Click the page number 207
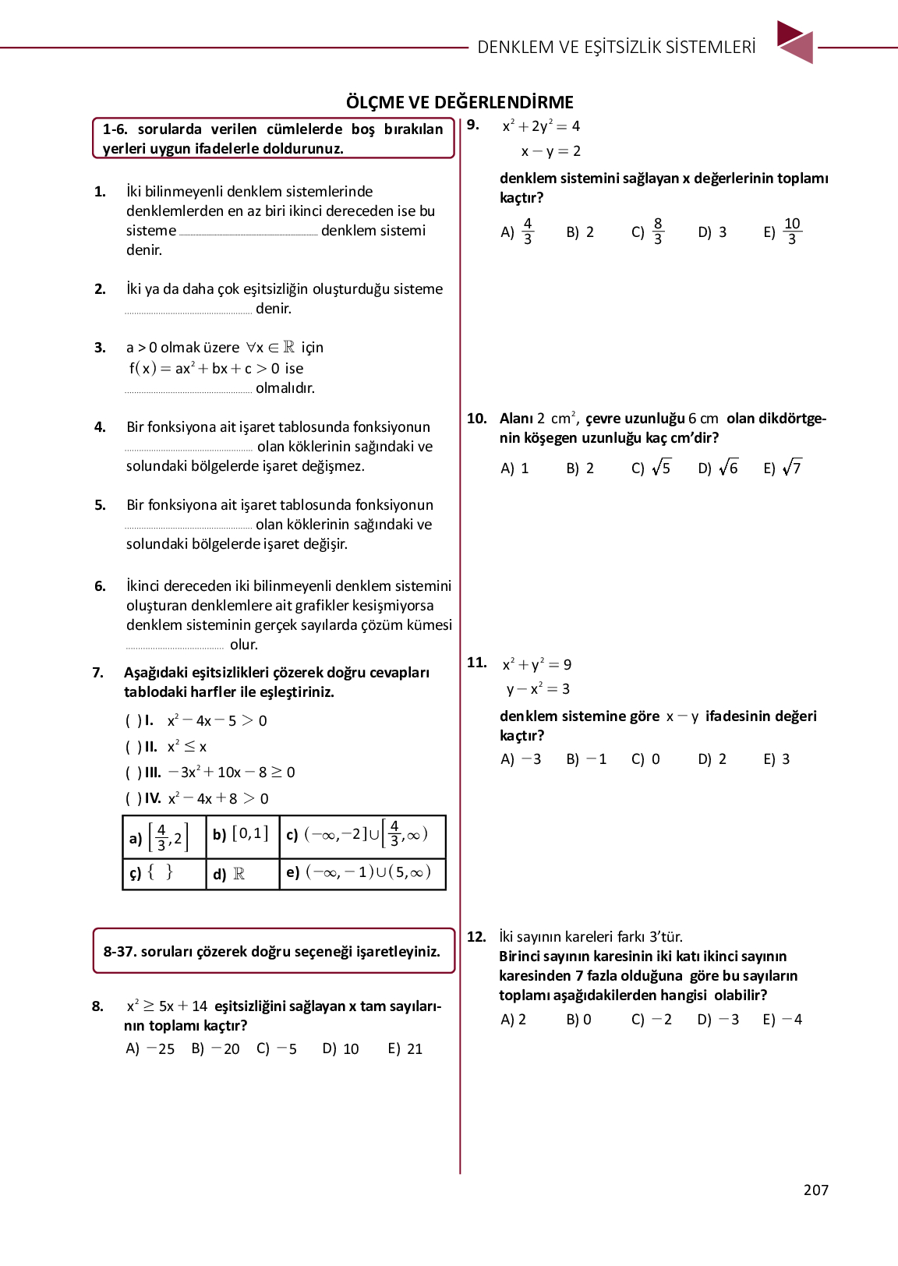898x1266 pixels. pyautogui.click(x=815, y=1190)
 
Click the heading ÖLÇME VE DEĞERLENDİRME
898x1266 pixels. pyautogui.click(x=460, y=102)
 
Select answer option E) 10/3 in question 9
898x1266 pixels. pyautogui.click(x=783, y=232)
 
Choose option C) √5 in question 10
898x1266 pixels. pyautogui.click(x=651, y=468)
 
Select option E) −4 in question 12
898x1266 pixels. pyautogui.click(x=783, y=1020)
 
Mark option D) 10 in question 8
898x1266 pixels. pyautogui.click(x=341, y=1049)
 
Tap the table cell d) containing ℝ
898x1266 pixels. pyautogui.click(x=242, y=874)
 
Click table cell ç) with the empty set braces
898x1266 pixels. pyautogui.click(x=164, y=873)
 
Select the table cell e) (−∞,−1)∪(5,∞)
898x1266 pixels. pyautogui.click(x=362, y=873)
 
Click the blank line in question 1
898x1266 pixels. pyautogui.click(x=248, y=233)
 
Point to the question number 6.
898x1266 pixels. pyautogui.click(x=100, y=586)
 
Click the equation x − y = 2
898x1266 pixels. pyautogui.click(x=550, y=151)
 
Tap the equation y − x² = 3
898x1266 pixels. pyautogui.click(x=538, y=689)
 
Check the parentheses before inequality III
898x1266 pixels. pyautogui.click(x=133, y=773)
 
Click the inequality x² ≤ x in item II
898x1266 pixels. pyautogui.click(x=187, y=747)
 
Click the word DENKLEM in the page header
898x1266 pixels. pyautogui.click(x=515, y=47)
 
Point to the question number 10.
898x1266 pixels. pyautogui.click(x=476, y=419)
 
